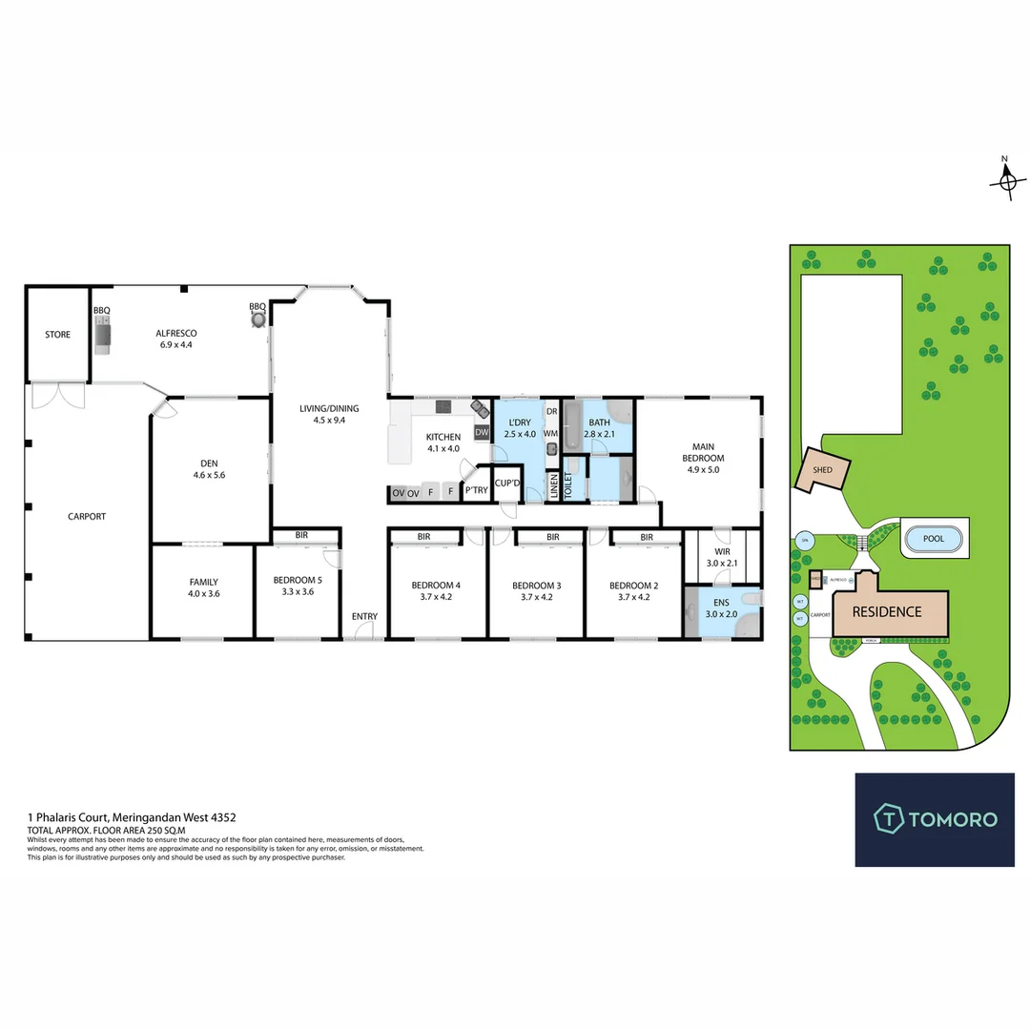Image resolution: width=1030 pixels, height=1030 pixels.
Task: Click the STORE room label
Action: [57, 335]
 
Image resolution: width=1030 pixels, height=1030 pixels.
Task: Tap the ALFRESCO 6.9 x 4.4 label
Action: [175, 339]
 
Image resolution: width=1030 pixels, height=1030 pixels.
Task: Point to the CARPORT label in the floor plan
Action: [87, 516]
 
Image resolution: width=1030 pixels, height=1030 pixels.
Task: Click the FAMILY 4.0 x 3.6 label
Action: [202, 587]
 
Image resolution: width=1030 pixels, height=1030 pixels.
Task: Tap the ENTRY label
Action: [364, 616]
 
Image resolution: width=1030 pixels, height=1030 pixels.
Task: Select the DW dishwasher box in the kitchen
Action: [482, 433]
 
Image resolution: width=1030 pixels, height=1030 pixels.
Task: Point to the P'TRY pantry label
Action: [475, 492]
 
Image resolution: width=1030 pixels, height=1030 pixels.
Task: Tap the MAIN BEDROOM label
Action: [704, 451]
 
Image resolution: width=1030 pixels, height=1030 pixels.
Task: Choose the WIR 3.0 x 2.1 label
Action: [721, 557]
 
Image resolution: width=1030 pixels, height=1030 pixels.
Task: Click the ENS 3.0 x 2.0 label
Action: [721, 608]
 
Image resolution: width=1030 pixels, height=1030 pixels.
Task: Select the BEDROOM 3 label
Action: [535, 590]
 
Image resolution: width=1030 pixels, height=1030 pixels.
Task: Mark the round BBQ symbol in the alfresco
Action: [257, 320]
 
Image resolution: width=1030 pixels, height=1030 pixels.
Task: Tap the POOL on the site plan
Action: [935, 540]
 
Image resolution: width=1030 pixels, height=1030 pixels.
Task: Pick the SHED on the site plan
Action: [821, 470]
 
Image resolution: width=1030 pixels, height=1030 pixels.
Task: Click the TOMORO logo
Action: [935, 818]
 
